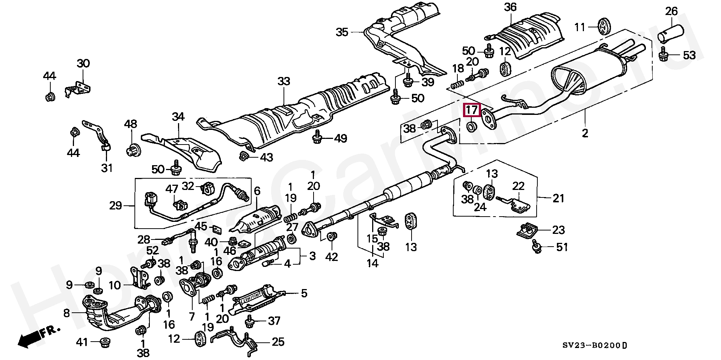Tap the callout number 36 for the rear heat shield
pyautogui.click(x=510, y=7)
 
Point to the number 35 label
pyautogui.click(x=342, y=32)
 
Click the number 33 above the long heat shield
pyautogui.click(x=284, y=81)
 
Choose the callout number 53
pyautogui.click(x=689, y=56)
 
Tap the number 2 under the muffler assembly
pyautogui.click(x=585, y=133)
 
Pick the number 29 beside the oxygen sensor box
pyautogui.click(x=116, y=205)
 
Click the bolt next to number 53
pyautogui.click(x=664, y=56)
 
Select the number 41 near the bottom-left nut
pyautogui.click(x=82, y=342)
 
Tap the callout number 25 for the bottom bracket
pyautogui.click(x=278, y=342)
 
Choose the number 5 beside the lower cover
pyautogui.click(x=304, y=293)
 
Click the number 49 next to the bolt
pyautogui.click(x=341, y=139)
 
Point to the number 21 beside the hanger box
pyautogui.click(x=558, y=198)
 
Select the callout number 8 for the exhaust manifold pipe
pyautogui.click(x=66, y=313)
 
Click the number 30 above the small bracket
pyautogui.click(x=83, y=63)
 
